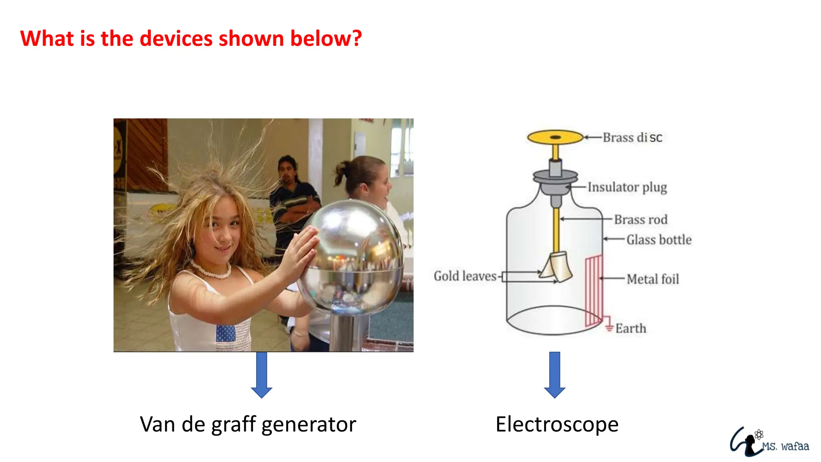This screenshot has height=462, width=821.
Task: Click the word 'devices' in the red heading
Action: [x=176, y=38]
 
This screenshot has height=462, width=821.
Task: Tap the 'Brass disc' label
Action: [x=632, y=138]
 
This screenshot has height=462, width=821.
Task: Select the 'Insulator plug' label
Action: [x=627, y=187]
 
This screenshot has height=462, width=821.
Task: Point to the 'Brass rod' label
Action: [x=641, y=220]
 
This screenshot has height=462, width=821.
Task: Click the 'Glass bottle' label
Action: [x=659, y=240]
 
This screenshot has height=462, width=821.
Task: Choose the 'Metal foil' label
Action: [x=653, y=279]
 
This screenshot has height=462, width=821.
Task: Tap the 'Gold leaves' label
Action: [x=465, y=276]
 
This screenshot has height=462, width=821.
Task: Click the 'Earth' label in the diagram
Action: [x=631, y=328]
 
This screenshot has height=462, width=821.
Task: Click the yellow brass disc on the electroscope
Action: [x=555, y=138]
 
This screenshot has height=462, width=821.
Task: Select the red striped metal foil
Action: [x=594, y=291]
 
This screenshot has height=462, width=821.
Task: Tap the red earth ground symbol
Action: [x=609, y=326]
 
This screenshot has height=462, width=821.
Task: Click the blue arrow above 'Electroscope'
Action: [x=555, y=375]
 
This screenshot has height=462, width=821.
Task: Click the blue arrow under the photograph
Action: [x=261, y=375]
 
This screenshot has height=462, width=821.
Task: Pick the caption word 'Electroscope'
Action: [x=557, y=424]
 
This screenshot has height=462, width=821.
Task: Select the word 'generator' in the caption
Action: [x=309, y=425]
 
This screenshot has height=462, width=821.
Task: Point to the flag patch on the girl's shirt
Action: [x=226, y=333]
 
